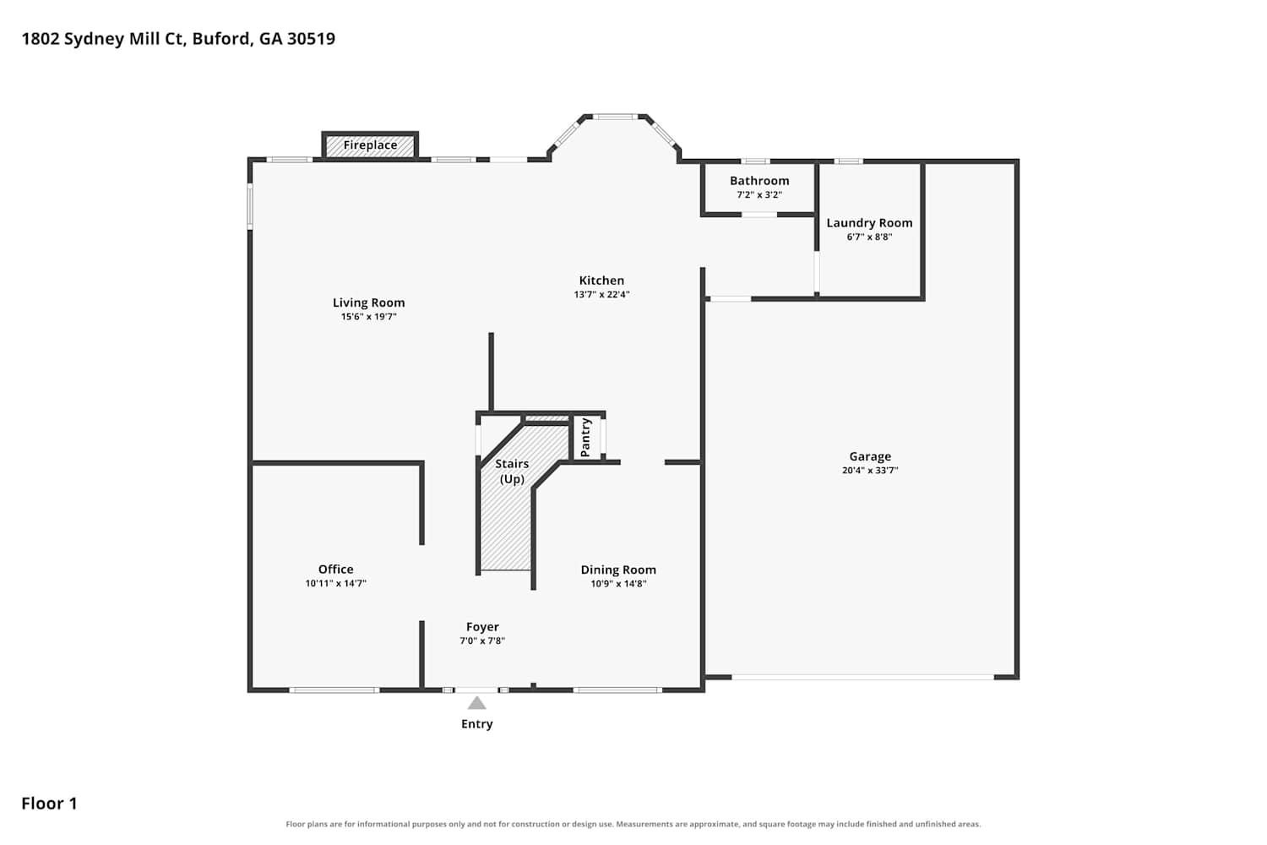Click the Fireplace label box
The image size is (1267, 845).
point(370,145)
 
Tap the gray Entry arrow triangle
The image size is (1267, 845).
point(477,703)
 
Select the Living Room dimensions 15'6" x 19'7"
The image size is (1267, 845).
point(369,317)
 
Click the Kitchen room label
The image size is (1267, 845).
point(601,281)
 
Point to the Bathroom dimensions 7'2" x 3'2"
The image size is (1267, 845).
point(759,194)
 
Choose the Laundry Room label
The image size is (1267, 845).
point(869,223)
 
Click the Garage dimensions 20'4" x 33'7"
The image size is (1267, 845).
point(870,471)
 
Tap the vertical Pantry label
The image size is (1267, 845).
point(585,438)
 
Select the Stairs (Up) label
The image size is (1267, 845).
point(512,472)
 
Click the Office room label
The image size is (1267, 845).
point(336,570)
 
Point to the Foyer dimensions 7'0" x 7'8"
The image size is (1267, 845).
point(482,641)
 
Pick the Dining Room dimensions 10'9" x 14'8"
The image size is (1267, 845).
point(619,584)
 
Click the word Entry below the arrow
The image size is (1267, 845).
point(477,724)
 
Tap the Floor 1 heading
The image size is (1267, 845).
point(49,804)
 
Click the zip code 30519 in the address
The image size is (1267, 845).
point(311,39)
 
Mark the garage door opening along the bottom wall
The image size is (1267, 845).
point(863,677)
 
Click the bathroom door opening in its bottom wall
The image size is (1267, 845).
point(759,215)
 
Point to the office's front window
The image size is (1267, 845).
point(334,690)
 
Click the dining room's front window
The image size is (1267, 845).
point(617,690)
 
